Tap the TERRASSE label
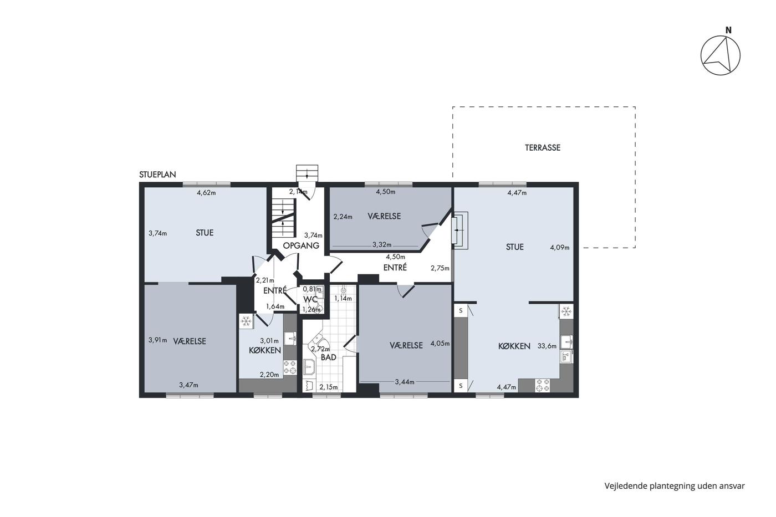click(543, 147)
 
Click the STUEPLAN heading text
click(157, 175)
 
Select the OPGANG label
click(301, 245)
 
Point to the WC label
click(310, 299)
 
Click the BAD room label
click(328, 357)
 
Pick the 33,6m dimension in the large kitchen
click(547, 346)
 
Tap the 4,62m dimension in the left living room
click(206, 193)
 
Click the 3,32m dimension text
click(382, 245)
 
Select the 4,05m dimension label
click(440, 344)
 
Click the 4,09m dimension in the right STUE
click(560, 248)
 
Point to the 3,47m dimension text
click(189, 385)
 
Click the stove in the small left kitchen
click(290, 367)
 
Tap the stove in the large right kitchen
click(543, 386)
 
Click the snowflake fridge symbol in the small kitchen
click(246, 321)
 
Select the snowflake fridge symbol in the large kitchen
click(566, 312)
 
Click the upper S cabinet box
click(461, 311)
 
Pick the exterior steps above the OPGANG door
click(307, 172)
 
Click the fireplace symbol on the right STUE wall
click(460, 231)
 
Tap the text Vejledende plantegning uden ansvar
click(675, 486)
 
